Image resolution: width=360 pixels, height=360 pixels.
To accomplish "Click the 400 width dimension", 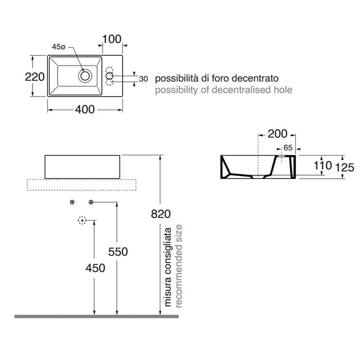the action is click(x=85, y=109).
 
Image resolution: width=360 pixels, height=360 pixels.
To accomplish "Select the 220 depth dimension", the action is click(x=35, y=76).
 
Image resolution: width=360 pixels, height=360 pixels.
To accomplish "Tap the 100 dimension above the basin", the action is click(x=112, y=39).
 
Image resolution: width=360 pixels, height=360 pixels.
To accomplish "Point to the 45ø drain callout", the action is click(x=58, y=47).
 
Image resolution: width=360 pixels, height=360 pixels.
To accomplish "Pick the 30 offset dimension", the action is click(x=143, y=79).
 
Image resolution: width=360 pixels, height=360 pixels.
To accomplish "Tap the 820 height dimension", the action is click(x=161, y=214).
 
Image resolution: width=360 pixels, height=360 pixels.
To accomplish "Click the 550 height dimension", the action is click(x=118, y=252).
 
